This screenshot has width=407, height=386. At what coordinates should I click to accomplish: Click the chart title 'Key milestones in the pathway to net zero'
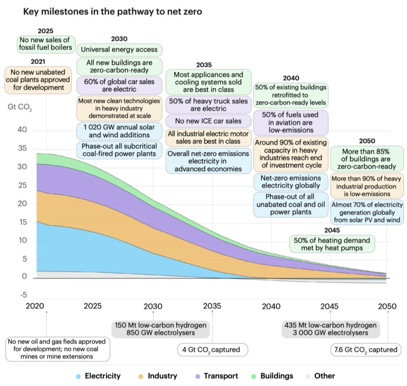112,12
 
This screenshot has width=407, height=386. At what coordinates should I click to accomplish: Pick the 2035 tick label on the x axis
212,306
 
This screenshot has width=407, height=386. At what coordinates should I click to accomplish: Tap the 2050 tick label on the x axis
387,306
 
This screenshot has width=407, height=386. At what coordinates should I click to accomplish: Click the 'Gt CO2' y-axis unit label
20,108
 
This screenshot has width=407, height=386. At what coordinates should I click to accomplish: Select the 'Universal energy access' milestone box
119,49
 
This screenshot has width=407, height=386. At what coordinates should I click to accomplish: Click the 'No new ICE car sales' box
208,121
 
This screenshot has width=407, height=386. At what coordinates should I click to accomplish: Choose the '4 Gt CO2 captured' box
213,350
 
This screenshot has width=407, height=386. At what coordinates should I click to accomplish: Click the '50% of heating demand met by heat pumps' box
332,244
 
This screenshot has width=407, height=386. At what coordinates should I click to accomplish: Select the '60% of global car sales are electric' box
119,85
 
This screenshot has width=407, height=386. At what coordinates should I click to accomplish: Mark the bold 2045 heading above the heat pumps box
332,230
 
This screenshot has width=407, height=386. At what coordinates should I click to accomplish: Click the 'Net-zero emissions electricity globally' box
290,182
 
